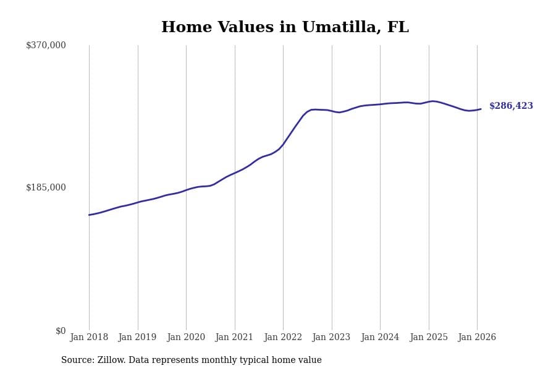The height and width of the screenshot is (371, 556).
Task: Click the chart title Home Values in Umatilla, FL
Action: click(285, 28)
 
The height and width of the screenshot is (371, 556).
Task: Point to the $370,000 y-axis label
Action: click(46, 45)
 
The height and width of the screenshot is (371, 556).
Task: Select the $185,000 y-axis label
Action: click(46, 187)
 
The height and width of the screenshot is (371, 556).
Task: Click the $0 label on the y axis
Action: click(61, 331)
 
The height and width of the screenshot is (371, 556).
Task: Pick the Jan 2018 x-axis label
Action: click(89, 338)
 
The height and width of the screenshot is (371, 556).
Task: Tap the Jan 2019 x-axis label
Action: click(137, 338)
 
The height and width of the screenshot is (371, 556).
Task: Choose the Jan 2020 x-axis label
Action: click(186, 338)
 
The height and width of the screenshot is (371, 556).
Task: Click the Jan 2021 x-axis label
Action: click(234, 338)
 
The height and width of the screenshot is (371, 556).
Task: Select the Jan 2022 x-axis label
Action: click(283, 338)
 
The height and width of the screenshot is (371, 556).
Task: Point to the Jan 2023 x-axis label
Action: click(331, 338)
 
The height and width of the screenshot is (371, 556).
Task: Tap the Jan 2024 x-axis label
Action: click(380, 338)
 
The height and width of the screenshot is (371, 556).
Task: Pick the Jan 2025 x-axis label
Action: click(428, 338)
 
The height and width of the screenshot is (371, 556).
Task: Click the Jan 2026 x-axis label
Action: click(477, 338)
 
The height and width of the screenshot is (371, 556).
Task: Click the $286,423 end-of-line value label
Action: click(511, 106)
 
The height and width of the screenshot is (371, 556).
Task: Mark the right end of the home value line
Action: click(481, 109)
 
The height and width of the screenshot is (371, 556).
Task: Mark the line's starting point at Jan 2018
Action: click(89, 215)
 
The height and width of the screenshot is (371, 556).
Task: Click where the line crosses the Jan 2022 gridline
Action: click(283, 145)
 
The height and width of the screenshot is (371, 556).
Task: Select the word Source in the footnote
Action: click(77, 360)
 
